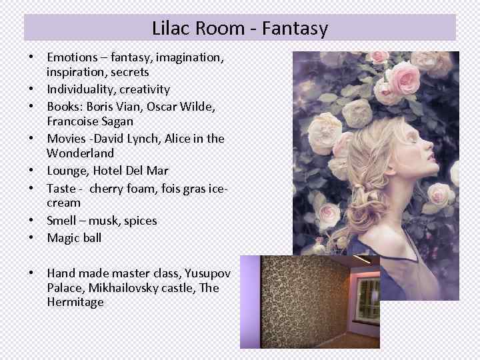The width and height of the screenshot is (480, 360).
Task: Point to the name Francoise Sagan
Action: pos(90,121)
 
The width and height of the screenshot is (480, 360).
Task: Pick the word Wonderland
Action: pos(80,153)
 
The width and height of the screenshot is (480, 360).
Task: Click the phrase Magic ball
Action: pos(74,237)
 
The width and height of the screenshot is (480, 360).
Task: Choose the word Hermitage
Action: pos(75,302)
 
